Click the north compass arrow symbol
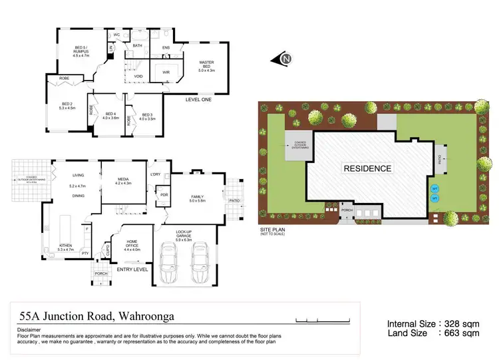[x=283, y=60]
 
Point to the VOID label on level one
[x=138, y=77]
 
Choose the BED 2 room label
[x=67, y=105]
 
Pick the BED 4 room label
[x=111, y=116]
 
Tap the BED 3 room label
[x=148, y=116]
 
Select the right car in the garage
[x=200, y=264]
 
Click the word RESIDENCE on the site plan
[x=367, y=168]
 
